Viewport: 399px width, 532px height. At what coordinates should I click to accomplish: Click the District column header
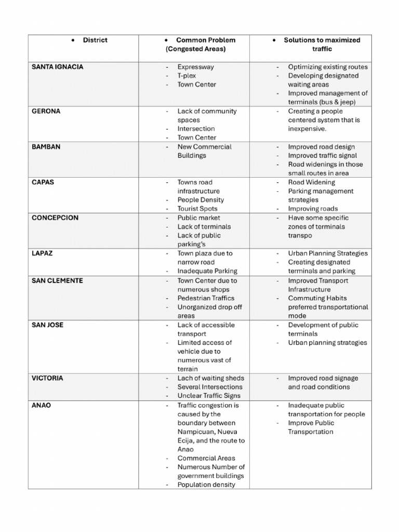(95, 40)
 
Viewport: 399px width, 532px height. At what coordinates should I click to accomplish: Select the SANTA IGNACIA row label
(57, 67)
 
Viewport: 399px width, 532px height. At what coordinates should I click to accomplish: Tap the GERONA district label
(46, 111)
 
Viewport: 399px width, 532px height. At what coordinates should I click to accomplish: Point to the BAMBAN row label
(46, 147)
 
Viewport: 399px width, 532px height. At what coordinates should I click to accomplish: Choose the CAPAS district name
(43, 182)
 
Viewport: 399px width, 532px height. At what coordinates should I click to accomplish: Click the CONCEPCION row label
(55, 218)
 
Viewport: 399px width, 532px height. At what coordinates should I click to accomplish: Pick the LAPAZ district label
(42, 254)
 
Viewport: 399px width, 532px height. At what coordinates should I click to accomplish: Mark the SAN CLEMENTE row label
(57, 281)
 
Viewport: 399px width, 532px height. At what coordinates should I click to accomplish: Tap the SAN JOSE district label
(47, 325)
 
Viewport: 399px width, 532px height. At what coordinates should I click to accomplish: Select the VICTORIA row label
(47, 378)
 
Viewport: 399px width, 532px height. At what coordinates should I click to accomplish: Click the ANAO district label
(42, 405)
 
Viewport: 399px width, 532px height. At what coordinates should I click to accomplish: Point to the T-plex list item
(187, 76)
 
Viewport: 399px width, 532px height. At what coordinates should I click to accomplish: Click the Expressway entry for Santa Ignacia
(195, 67)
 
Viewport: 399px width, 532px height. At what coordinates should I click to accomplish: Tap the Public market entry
(198, 218)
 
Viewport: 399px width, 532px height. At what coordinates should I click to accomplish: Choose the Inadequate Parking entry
(207, 271)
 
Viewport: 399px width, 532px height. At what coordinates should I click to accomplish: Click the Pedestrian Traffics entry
(206, 298)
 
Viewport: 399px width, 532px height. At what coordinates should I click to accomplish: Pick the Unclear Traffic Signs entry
(209, 396)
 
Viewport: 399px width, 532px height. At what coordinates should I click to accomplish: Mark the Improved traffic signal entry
(323, 156)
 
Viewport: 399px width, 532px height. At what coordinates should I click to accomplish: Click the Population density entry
(206, 485)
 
